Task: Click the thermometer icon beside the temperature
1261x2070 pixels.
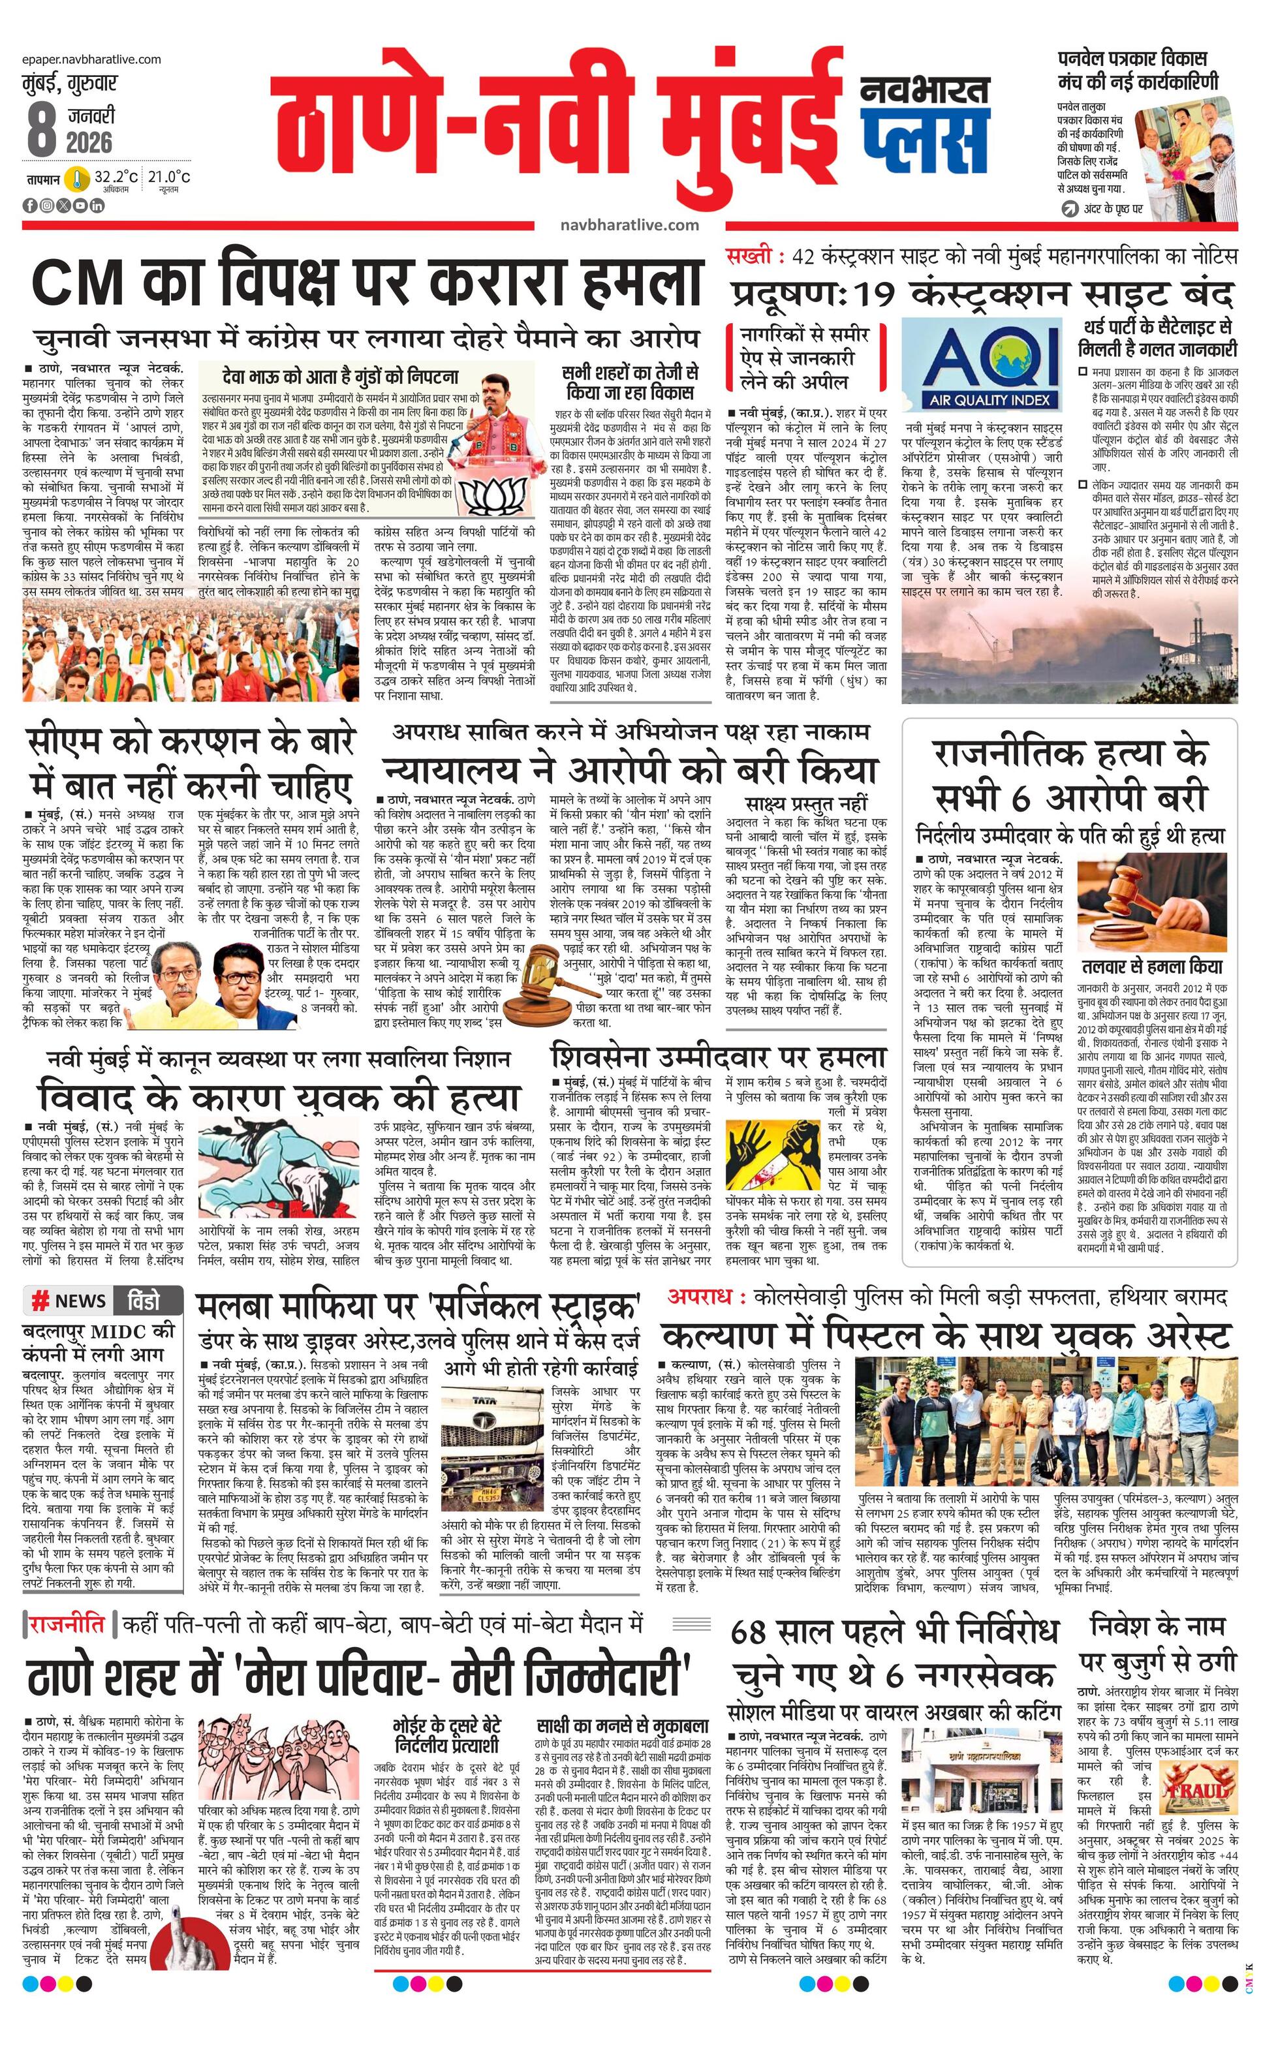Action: pyautogui.click(x=78, y=178)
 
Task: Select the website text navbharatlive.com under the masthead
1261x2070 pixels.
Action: pyautogui.click(x=629, y=224)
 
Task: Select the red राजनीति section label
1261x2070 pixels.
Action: pyautogui.click(x=67, y=1624)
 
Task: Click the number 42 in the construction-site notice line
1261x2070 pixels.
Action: pyautogui.click(x=803, y=257)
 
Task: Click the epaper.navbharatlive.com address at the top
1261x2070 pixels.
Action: pyautogui.click(x=93, y=59)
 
